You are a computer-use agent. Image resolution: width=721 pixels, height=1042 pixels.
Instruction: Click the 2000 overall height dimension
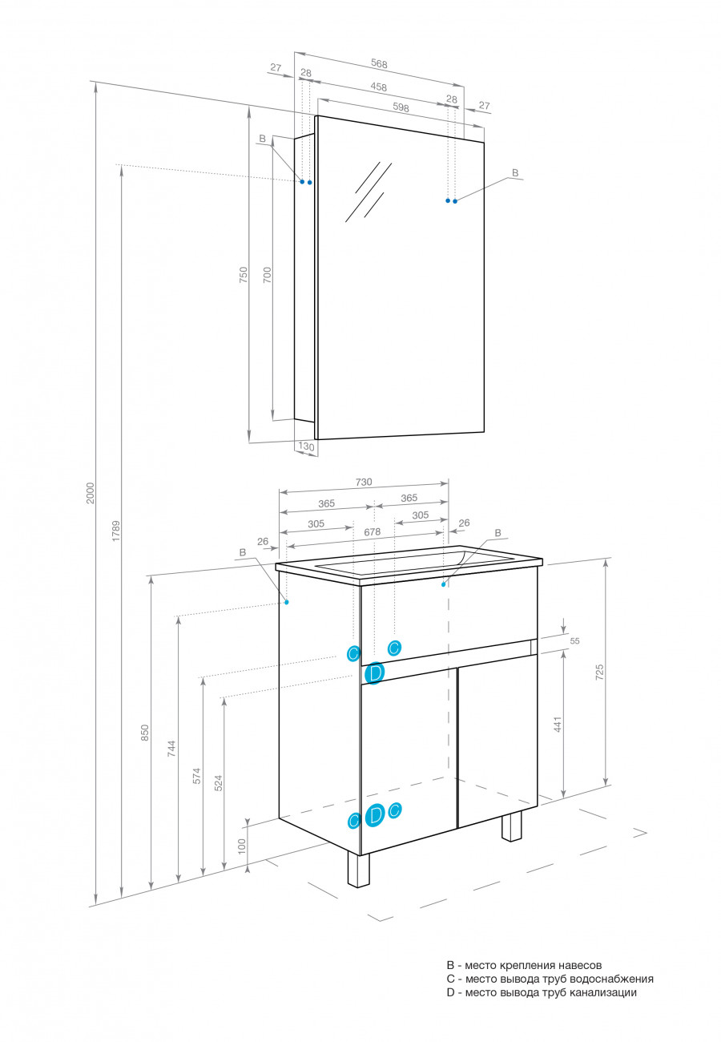click(x=91, y=492)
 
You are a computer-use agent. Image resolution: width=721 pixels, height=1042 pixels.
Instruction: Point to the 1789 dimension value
click(x=115, y=531)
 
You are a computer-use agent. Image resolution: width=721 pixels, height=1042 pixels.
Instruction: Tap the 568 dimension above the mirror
click(x=380, y=63)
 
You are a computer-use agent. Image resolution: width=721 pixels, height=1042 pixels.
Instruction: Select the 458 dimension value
click(x=379, y=87)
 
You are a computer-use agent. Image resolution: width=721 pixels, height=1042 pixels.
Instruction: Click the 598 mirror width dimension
click(x=401, y=107)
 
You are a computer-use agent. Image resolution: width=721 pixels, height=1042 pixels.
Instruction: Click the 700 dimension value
click(x=268, y=276)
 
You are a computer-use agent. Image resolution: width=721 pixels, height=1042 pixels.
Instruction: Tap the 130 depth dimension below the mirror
click(x=305, y=446)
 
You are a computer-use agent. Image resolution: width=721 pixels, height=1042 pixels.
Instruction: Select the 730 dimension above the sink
click(x=364, y=482)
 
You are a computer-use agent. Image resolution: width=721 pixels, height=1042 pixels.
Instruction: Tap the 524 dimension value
click(x=218, y=783)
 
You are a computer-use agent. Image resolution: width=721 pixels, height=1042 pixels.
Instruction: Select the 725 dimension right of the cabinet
click(x=599, y=672)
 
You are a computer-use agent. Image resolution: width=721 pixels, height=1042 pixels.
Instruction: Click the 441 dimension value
click(x=558, y=723)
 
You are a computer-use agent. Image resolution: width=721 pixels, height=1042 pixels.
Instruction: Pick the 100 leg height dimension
click(x=242, y=846)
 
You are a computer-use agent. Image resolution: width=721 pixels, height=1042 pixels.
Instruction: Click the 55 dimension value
click(x=574, y=641)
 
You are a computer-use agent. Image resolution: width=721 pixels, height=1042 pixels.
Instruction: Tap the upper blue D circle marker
click(x=374, y=673)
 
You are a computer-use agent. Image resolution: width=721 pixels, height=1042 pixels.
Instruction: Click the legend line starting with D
click(x=542, y=992)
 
